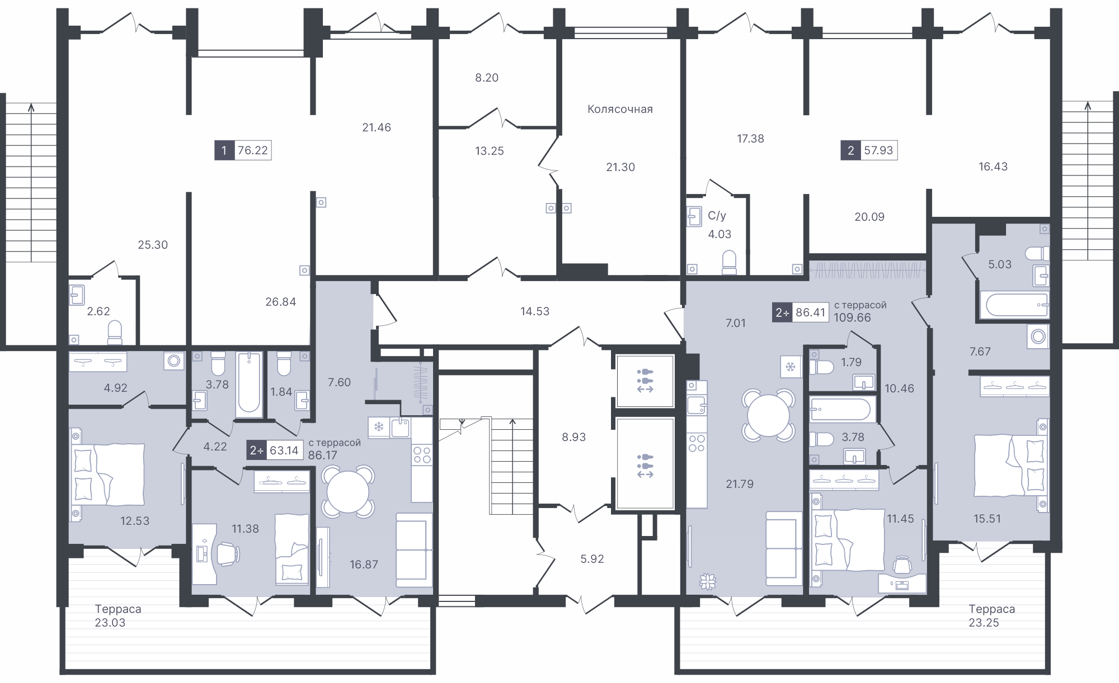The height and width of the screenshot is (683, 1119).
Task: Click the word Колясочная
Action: pos(620,109)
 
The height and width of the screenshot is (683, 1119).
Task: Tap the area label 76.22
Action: pos(252,150)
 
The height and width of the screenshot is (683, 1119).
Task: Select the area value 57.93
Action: pos(878,150)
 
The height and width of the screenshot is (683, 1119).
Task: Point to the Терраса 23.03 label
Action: pos(117,615)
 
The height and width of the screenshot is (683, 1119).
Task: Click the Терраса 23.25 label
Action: pos(991,615)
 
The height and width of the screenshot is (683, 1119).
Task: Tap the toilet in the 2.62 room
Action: pos(115,332)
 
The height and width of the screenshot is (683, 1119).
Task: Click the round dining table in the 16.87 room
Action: pos(347,492)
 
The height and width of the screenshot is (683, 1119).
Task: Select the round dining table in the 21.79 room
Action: pos(768,415)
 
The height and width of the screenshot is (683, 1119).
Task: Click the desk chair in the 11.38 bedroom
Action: pos(228,553)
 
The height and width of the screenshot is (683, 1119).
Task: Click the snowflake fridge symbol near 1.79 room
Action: pos(791,367)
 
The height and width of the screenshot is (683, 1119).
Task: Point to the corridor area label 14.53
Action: pos(535,311)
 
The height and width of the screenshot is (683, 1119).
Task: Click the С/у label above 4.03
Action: pos(717,216)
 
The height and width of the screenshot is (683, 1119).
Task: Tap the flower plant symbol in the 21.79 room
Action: pos(708,581)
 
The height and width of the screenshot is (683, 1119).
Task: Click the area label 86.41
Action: pos(811,312)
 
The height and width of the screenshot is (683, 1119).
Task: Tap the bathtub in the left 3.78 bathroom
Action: pos(249,385)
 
